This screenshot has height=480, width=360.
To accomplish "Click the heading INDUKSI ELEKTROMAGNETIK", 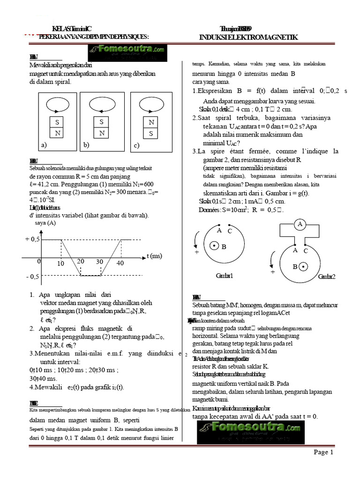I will (248, 37).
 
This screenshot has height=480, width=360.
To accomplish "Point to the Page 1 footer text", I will (323, 452).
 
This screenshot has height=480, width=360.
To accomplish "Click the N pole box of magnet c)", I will (151, 123).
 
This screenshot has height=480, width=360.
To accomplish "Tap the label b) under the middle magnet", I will (86, 145).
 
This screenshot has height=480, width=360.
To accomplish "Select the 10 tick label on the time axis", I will (60, 264).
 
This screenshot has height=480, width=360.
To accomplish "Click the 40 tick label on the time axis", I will (120, 263).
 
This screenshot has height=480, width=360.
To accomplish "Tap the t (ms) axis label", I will (154, 256).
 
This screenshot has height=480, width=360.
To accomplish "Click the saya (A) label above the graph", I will (45, 223).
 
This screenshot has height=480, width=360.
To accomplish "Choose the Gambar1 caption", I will (224, 276).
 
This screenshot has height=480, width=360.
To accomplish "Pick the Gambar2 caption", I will (327, 277).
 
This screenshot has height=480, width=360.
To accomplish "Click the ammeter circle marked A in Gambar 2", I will (300, 225).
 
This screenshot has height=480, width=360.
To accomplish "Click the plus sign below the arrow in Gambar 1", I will (197, 252).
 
